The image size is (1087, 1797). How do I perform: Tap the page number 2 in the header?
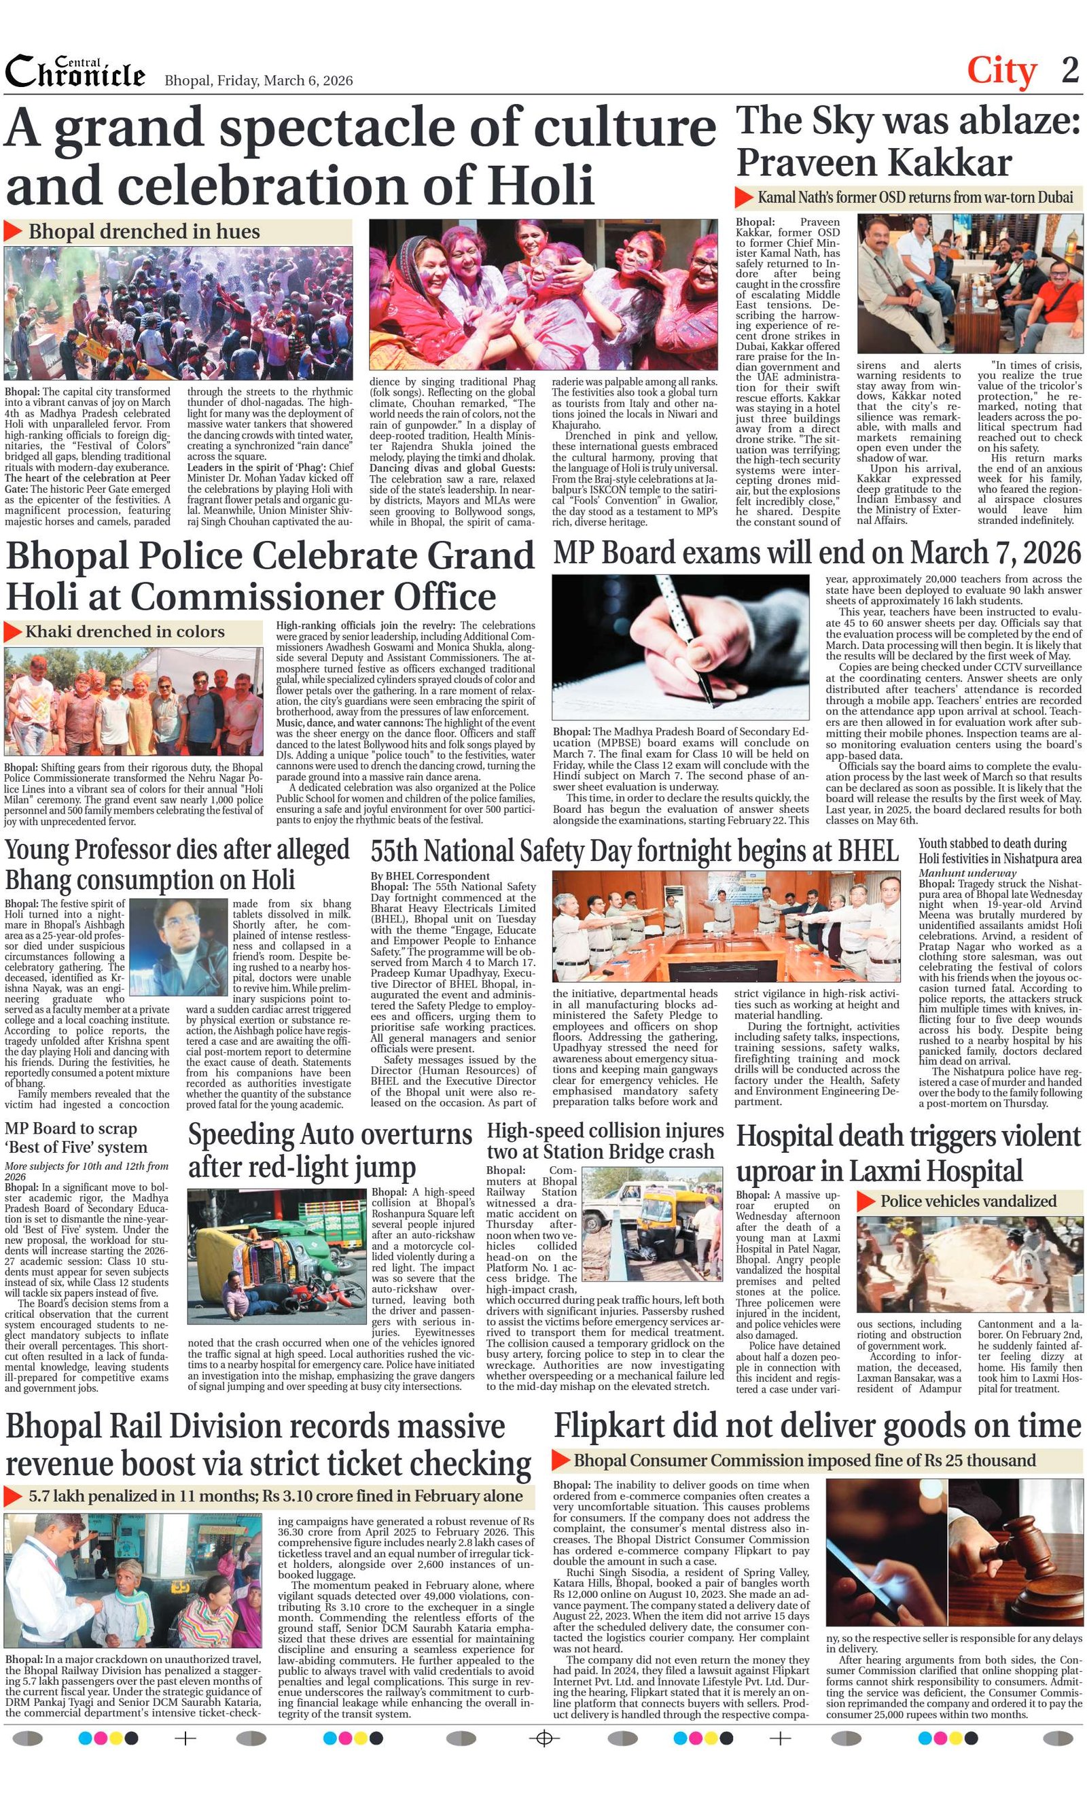pos(1069,70)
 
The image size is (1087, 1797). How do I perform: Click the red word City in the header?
pos(1001,71)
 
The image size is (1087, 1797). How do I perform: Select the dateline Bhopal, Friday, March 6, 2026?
pos(258,80)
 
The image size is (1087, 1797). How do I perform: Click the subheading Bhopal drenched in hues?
pos(143,232)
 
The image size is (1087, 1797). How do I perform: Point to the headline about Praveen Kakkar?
pos(907,141)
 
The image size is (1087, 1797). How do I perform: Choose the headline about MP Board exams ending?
pos(817,553)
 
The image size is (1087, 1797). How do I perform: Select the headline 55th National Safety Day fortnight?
pos(635,851)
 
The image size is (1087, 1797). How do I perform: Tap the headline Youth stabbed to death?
pos(999,850)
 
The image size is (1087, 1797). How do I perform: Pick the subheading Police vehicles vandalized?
pos(967,1201)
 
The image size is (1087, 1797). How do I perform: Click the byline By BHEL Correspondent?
pos(429,876)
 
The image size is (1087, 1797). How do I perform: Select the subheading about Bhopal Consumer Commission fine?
pos(804,1460)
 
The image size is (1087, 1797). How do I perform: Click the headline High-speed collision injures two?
pos(605,1141)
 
